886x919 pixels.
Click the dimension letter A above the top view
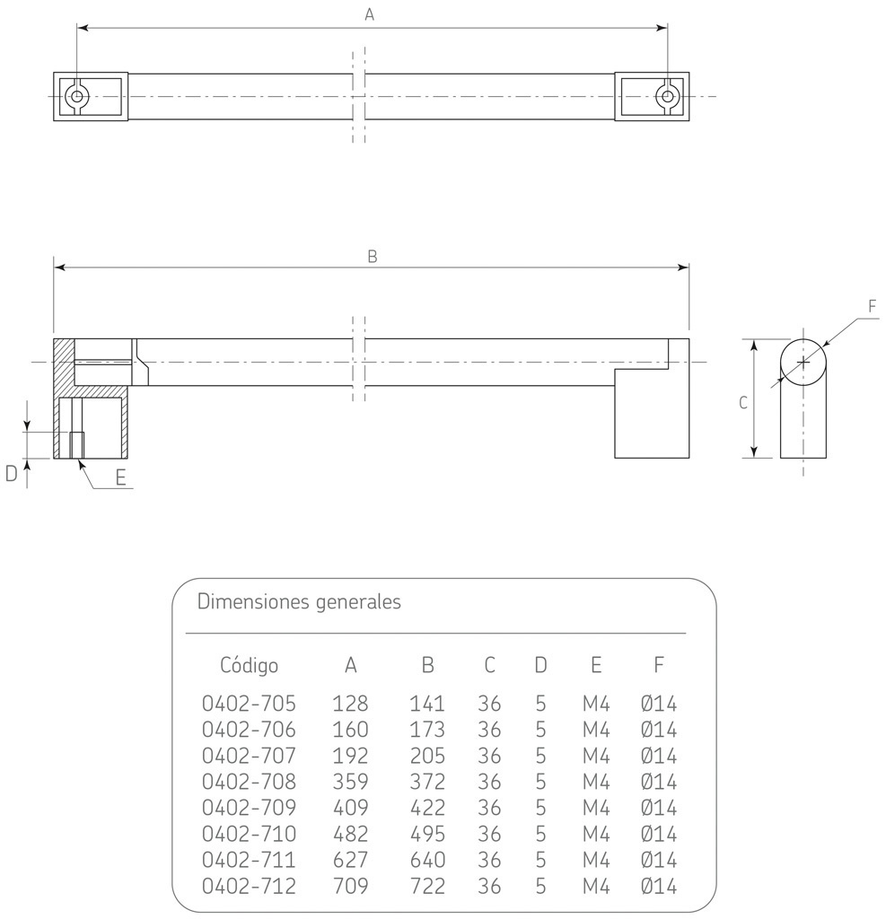(x=369, y=14)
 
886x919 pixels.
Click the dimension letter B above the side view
(x=373, y=256)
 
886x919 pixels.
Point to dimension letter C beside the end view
(x=743, y=403)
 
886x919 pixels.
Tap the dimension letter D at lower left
(x=12, y=474)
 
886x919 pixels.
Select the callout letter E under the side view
(x=120, y=477)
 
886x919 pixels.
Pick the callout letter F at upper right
(x=872, y=306)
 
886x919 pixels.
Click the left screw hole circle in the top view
(x=77, y=96)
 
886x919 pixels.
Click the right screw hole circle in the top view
(x=667, y=96)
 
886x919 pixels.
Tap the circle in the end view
(x=803, y=362)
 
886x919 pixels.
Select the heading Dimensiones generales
(x=299, y=601)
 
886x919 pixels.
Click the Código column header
(x=249, y=665)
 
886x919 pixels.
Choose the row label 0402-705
(x=249, y=703)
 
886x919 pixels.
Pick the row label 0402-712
(x=249, y=887)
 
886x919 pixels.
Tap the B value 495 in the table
(x=427, y=834)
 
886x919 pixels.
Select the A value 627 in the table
(x=350, y=860)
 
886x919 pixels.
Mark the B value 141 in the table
(x=427, y=703)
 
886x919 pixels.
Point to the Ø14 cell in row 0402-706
(x=659, y=729)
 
